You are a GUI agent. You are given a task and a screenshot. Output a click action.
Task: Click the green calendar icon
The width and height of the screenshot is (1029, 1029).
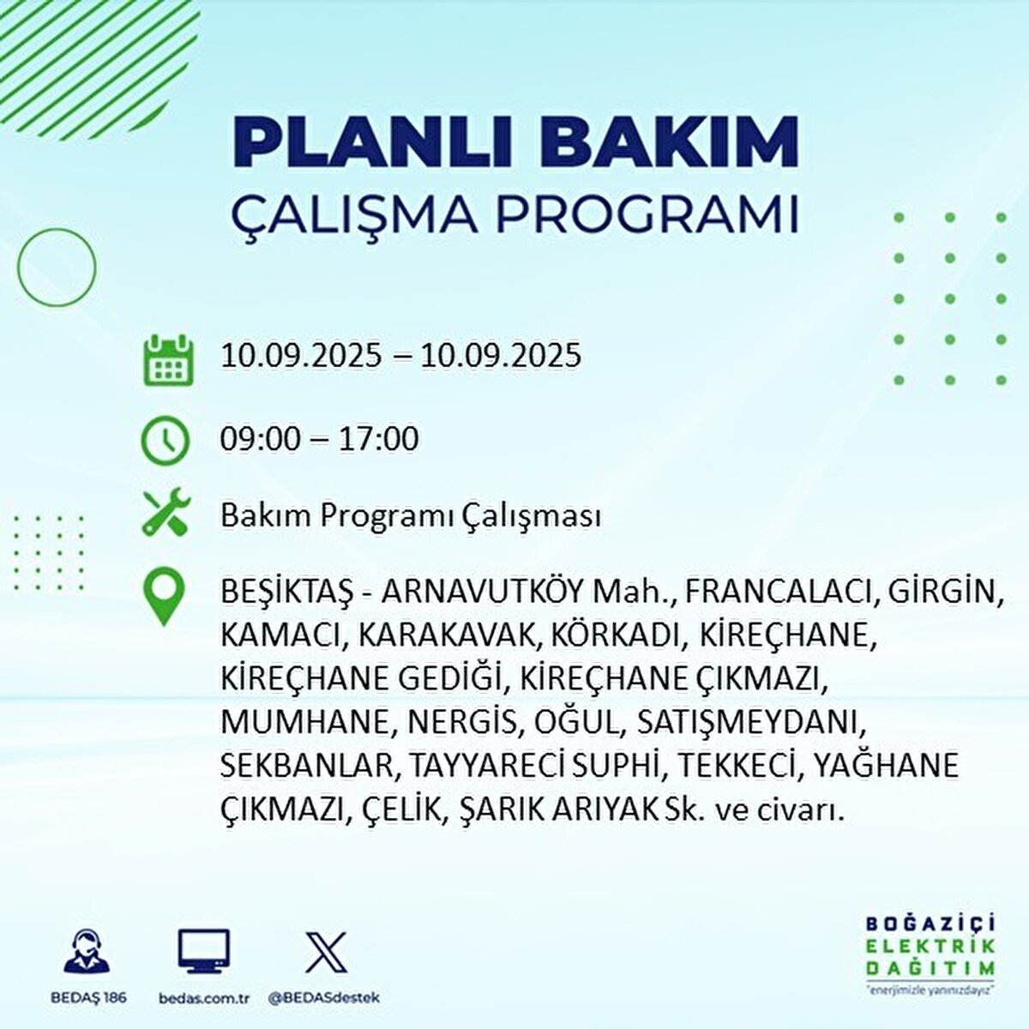[169, 360]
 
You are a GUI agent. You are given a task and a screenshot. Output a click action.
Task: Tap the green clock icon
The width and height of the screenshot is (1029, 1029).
[165, 441]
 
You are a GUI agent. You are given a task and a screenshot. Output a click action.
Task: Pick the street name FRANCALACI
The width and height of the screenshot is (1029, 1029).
[778, 592]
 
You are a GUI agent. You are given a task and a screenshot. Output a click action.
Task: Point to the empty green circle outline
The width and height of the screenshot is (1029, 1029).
[18, 267]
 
